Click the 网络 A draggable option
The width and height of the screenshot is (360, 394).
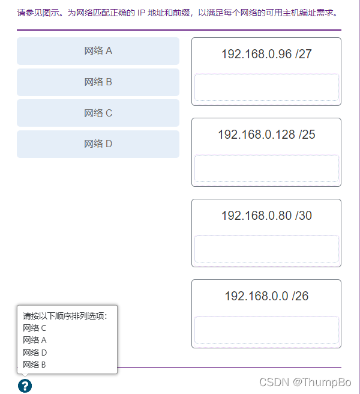click(98, 51)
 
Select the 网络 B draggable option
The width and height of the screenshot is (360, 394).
click(98, 82)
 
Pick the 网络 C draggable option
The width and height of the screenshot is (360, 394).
click(98, 113)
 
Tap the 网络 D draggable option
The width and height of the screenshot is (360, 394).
click(98, 144)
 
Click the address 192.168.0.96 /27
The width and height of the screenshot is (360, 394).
click(266, 54)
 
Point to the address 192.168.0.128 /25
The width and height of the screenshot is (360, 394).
click(266, 135)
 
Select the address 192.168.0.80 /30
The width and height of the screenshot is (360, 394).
click(266, 216)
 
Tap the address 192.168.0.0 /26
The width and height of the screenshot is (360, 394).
click(266, 296)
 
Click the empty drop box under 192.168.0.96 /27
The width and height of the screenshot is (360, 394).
click(266, 88)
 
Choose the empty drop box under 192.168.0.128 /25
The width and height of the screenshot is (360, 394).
click(266, 168)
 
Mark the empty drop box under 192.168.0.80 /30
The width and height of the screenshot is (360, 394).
click(266, 249)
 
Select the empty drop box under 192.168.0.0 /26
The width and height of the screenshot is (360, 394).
click(266, 330)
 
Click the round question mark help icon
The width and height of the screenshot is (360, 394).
click(25, 386)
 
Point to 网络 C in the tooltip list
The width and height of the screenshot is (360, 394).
click(35, 328)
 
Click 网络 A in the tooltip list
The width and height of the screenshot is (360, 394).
click(35, 340)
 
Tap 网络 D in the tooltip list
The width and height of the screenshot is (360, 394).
click(35, 353)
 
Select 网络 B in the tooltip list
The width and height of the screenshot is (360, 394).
click(35, 365)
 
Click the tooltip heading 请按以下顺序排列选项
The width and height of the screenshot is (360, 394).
click(65, 316)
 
